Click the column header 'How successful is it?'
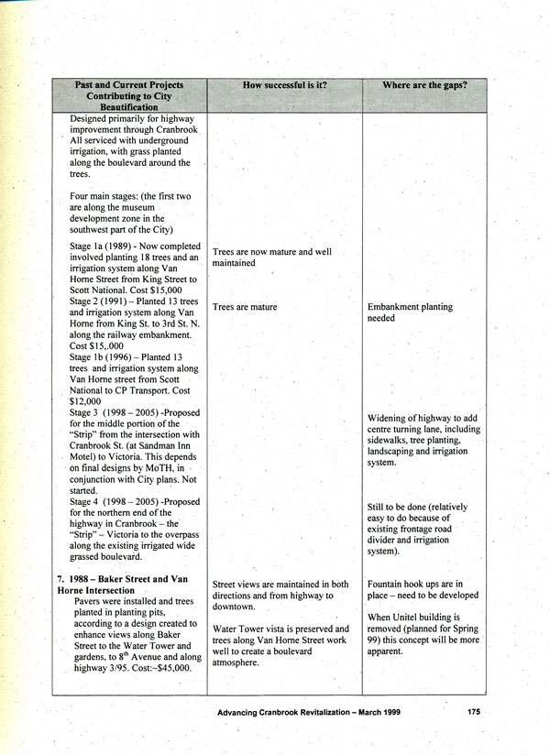[x=284, y=85]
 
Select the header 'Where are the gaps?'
[x=424, y=85]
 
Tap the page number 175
[x=473, y=711]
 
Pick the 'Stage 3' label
[x=86, y=412]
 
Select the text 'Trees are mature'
[x=244, y=307]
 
